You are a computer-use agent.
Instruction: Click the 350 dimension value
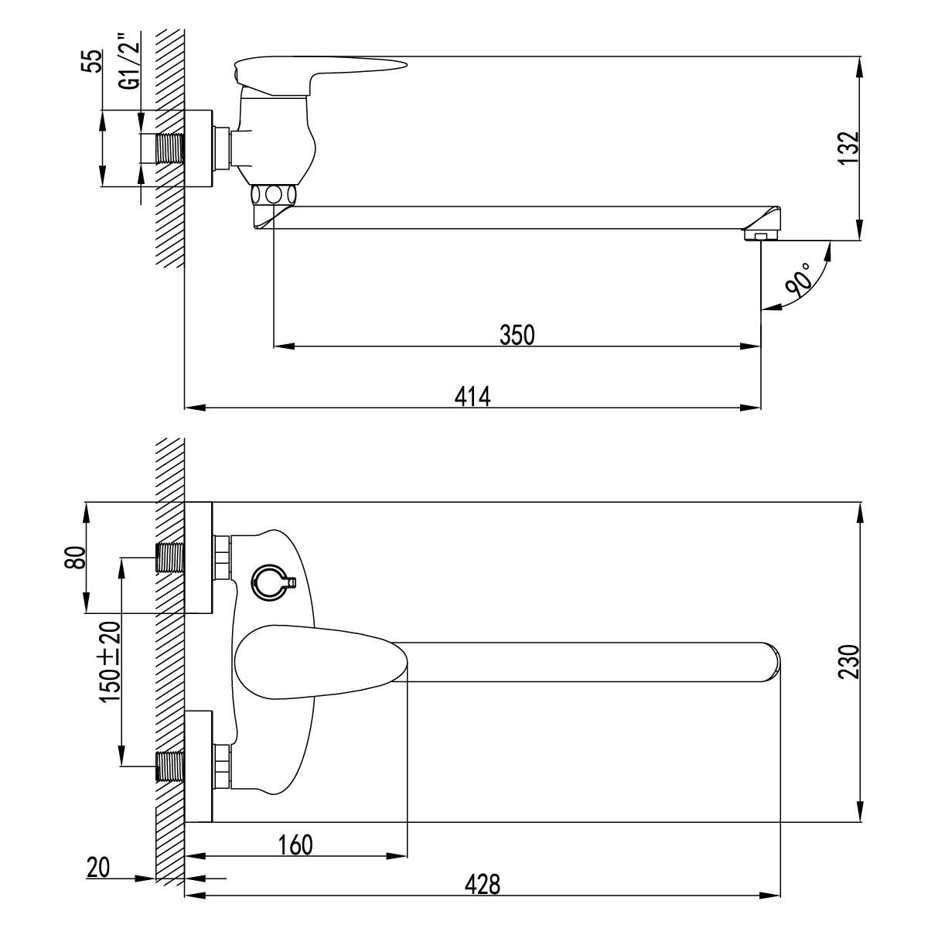[x=517, y=335]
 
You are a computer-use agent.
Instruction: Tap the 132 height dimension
[x=848, y=147]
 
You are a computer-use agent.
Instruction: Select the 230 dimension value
[x=848, y=661]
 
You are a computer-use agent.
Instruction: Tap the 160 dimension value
[x=296, y=844]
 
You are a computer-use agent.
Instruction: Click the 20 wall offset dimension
[x=98, y=868]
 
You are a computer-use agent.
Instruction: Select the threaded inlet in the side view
[x=170, y=148]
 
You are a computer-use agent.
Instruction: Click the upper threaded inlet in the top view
[x=170, y=557]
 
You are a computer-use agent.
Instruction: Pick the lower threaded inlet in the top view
[x=170, y=766]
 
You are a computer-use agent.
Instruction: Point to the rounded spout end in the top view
[x=772, y=662]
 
